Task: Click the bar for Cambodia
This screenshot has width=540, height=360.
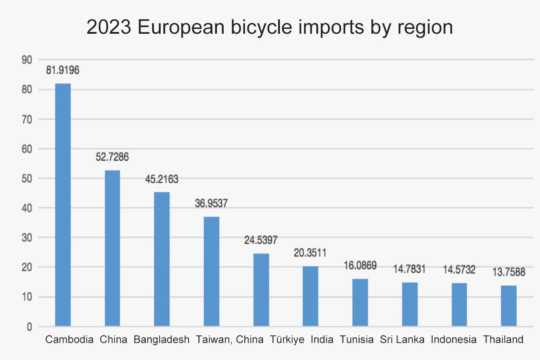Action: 63,205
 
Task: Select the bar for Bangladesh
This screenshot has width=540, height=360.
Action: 162,259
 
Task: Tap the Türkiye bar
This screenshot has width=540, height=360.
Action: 261,290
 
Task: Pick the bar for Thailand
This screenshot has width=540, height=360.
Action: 509,306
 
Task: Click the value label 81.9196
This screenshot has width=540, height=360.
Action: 63,70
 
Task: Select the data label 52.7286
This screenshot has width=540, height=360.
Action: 112,157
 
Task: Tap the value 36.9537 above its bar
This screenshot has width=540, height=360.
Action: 211,203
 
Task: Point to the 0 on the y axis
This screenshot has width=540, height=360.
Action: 29,327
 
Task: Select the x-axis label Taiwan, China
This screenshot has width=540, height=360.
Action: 229,340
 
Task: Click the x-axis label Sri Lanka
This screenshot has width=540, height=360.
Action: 402,340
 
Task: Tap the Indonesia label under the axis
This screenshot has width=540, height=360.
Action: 454,340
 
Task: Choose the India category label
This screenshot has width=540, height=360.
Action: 322,340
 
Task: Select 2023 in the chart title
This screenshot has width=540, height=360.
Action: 109,28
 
